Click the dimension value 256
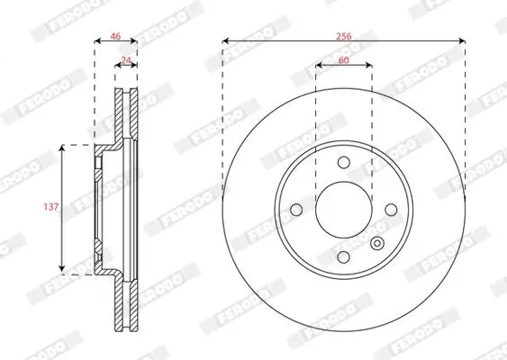(x=343, y=36)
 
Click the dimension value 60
(x=344, y=60)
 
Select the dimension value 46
(x=115, y=36)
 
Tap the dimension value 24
(x=126, y=60)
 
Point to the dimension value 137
(x=51, y=206)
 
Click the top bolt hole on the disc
(x=344, y=162)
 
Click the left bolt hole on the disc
(x=296, y=210)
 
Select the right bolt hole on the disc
(x=391, y=210)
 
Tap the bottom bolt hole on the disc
(x=344, y=257)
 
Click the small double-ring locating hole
(x=377, y=243)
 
